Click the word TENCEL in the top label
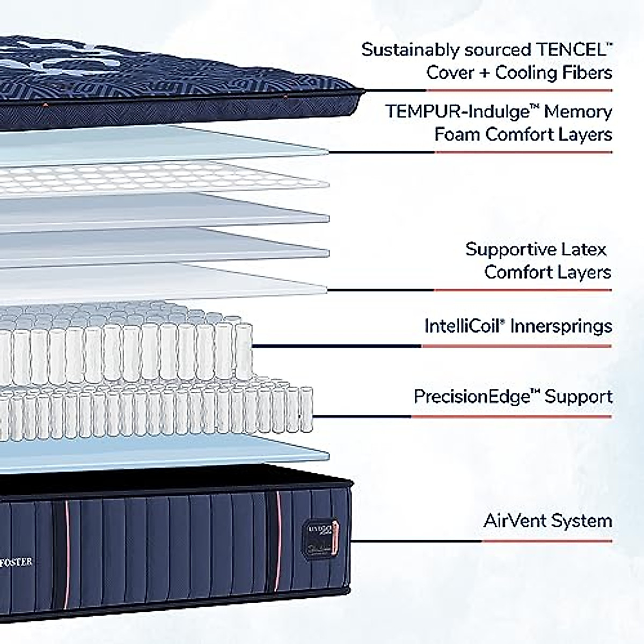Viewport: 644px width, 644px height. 572,50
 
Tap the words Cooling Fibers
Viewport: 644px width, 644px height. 553,72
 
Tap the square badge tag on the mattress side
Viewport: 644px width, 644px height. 321,531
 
